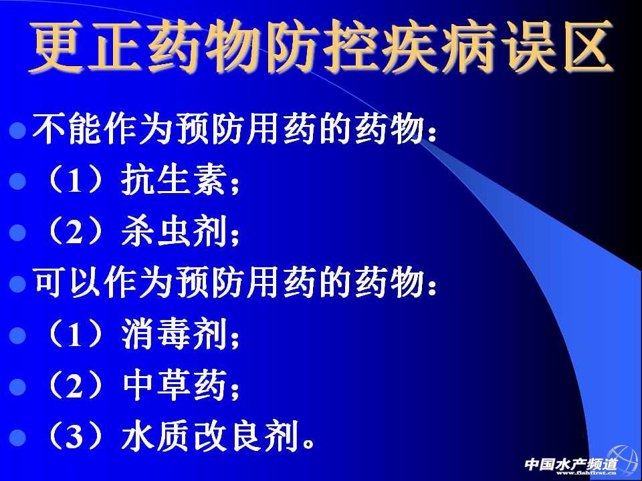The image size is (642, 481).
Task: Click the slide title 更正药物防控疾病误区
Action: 322,47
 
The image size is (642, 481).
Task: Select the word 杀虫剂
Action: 174,232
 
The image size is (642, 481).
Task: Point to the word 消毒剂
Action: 174,335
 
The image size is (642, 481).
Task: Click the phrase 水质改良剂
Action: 209,438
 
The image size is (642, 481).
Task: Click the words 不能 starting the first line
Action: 67,130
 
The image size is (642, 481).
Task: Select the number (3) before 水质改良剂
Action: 74,438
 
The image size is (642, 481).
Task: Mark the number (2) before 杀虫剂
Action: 74,232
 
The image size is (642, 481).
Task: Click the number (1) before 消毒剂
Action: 74,335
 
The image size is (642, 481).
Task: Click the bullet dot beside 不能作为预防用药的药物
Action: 17,130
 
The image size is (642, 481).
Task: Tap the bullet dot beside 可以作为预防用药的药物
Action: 17,284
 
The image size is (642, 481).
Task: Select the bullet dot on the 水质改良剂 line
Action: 17,438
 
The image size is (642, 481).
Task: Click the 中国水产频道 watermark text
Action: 570,464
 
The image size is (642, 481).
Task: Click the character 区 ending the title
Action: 588,47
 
